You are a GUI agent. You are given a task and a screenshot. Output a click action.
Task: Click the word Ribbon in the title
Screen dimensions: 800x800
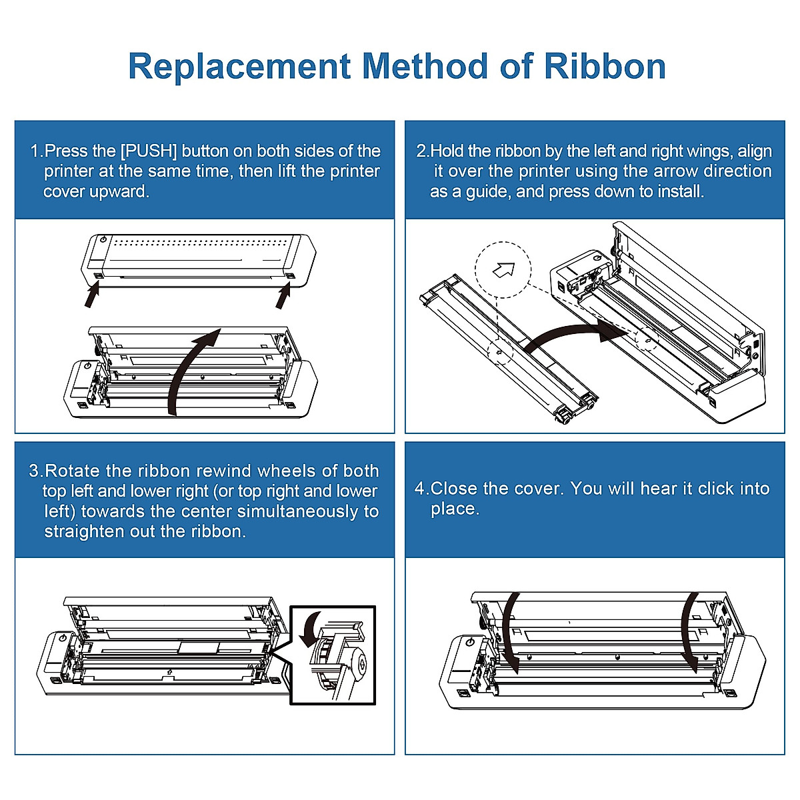coord(605,66)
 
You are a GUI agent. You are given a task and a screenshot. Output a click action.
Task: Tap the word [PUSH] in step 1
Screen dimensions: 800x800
coord(149,151)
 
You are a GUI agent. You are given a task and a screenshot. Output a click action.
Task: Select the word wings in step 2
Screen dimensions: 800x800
coord(710,151)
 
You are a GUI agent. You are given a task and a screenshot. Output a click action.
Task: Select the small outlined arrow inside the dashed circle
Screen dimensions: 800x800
coord(503,269)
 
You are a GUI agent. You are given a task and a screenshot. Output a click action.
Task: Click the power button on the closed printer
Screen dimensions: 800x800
coord(103,239)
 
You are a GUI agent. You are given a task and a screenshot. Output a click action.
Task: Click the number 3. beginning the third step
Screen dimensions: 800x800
coord(36,471)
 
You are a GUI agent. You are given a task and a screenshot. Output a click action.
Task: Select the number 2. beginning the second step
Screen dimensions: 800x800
coord(423,151)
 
